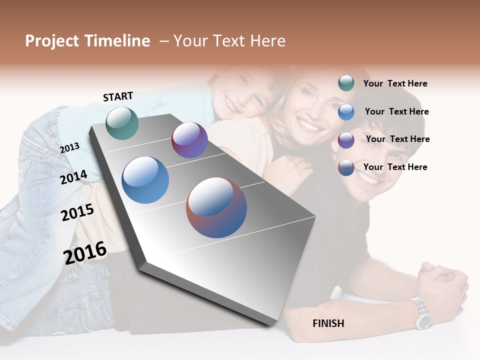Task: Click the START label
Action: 118,96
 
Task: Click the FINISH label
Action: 328,323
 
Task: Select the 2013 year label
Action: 69,147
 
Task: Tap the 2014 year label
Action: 73,177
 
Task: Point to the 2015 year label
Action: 77,212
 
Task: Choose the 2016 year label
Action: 85,252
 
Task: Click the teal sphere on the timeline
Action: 122,123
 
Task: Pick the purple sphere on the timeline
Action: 189,140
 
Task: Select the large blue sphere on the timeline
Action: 145,180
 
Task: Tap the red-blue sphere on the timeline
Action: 216,207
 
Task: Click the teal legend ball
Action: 346,83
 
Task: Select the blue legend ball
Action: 346,112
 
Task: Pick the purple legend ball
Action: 346,140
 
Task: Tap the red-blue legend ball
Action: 346,167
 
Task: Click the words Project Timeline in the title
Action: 87,41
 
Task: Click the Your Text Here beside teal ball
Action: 395,83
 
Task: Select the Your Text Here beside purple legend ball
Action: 397,139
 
